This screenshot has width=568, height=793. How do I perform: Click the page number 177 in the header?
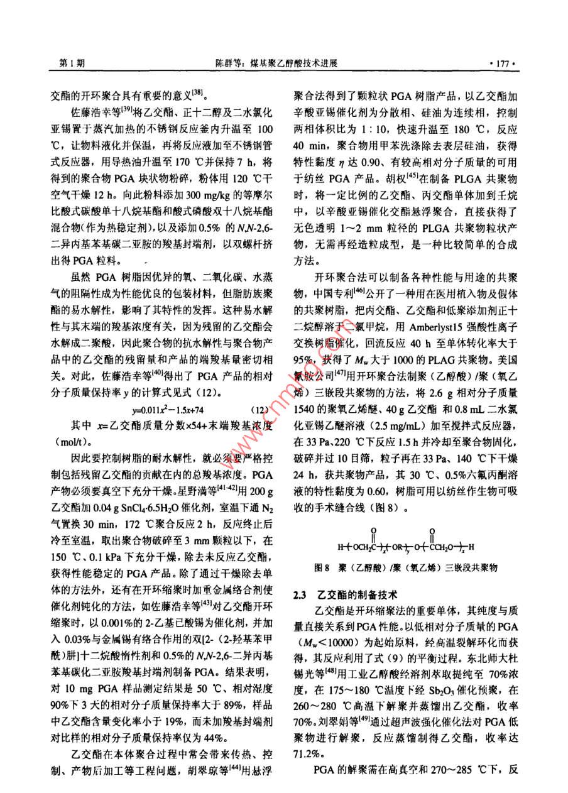point(505,63)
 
